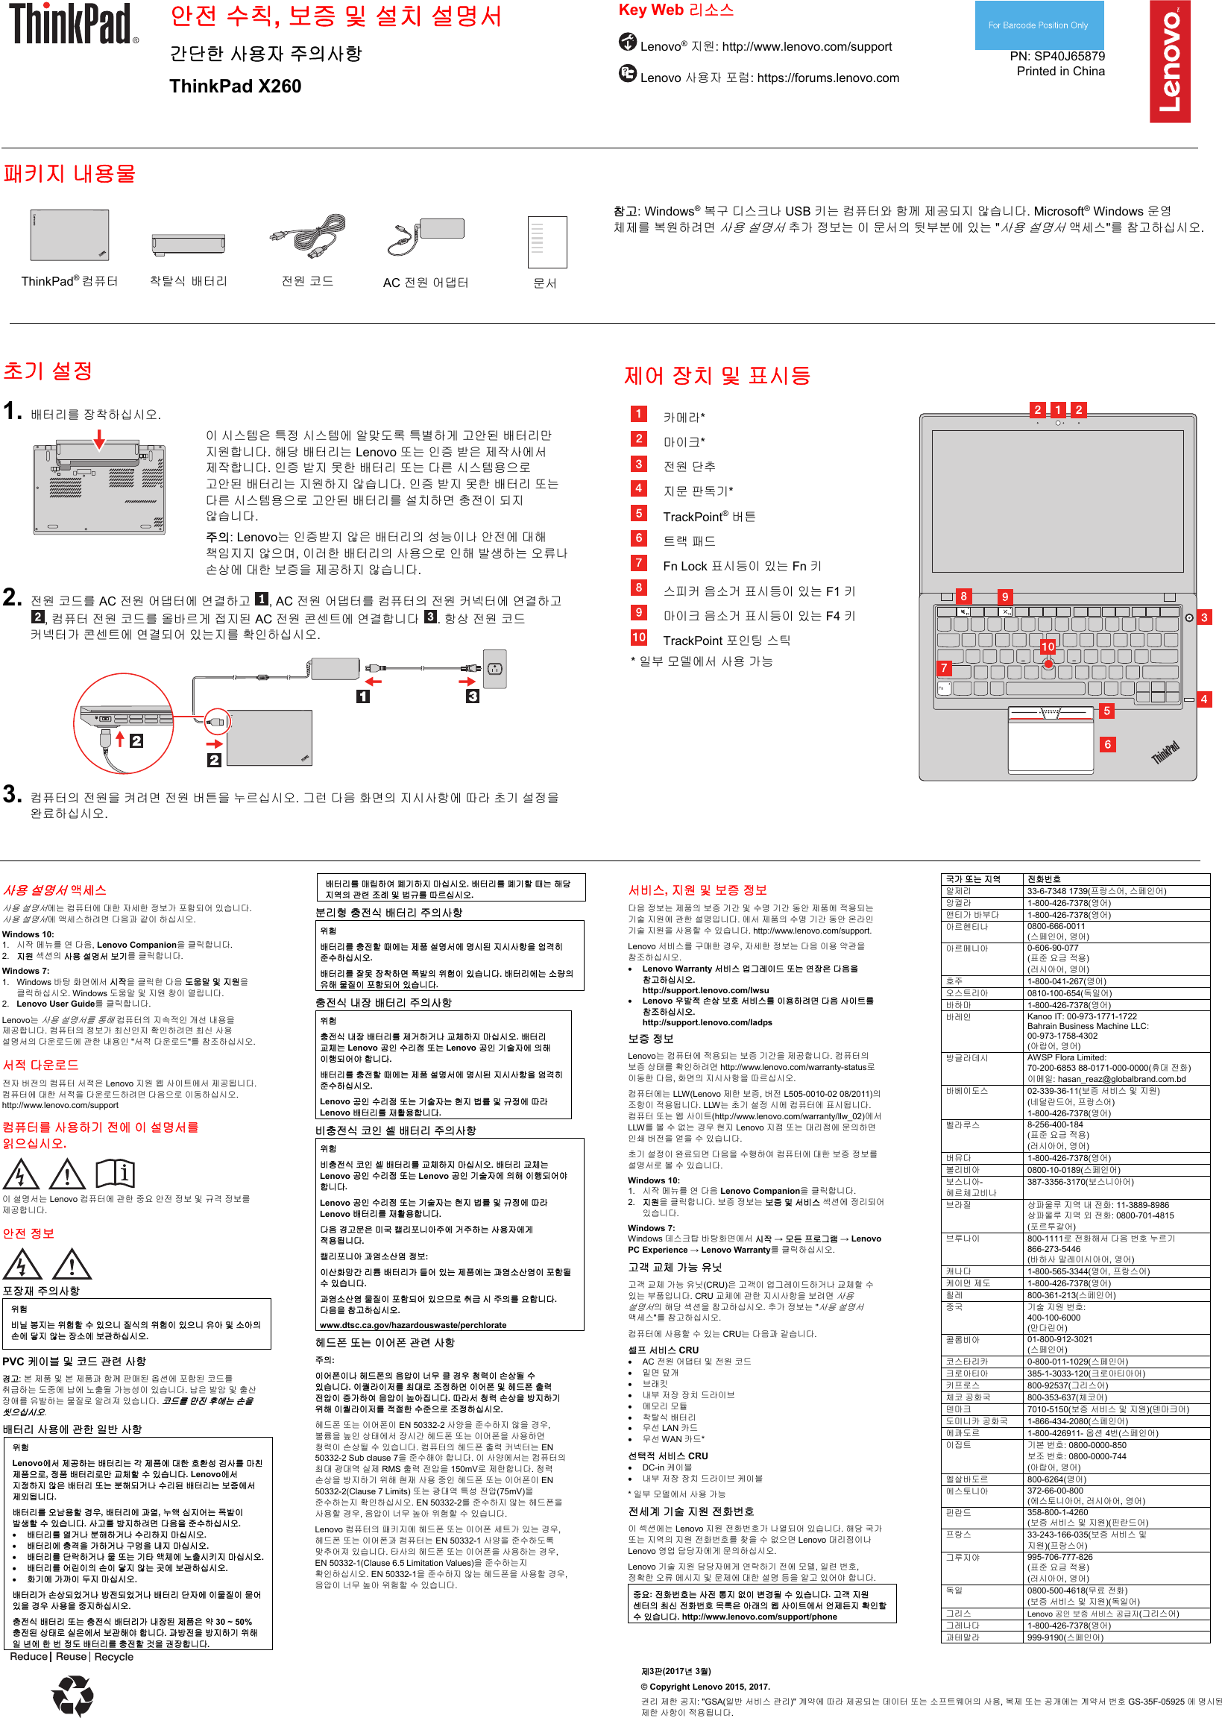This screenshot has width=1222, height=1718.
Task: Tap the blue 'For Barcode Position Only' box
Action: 1038,25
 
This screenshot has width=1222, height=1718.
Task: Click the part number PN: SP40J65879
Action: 1056,56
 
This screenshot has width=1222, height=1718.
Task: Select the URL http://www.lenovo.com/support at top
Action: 807,47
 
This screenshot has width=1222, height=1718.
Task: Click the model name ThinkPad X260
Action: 235,86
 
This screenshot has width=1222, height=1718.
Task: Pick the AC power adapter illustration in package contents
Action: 426,236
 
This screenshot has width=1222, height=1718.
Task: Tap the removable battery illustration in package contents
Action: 188,243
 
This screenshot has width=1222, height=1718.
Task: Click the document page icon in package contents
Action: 547,242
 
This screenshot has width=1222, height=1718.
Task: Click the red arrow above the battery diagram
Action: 98,438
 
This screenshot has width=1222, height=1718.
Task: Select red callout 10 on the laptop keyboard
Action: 1048,646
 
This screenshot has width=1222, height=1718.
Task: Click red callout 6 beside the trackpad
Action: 1107,744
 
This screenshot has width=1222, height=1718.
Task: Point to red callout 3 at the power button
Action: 1204,617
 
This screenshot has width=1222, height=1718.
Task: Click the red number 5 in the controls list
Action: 638,513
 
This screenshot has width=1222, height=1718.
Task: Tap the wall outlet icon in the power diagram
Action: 494,668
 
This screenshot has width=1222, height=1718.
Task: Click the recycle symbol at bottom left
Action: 72,1696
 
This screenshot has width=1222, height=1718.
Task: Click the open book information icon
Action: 115,1172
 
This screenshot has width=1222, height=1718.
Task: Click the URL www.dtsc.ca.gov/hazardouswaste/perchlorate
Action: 412,1325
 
